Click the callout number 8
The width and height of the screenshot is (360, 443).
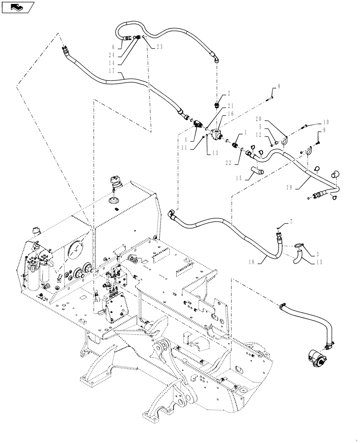(x=279, y=85)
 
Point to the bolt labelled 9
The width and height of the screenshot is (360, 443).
(x=318, y=142)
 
